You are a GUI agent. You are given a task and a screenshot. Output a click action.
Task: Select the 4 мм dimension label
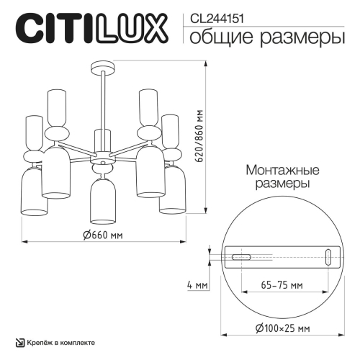click(197, 286)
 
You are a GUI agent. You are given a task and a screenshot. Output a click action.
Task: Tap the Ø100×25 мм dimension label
click(277, 329)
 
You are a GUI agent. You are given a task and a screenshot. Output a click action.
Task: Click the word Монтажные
click(276, 171)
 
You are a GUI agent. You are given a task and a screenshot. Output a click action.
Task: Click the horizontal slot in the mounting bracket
click(240, 256)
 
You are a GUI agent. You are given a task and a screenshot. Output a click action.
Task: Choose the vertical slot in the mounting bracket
click(328, 256)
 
